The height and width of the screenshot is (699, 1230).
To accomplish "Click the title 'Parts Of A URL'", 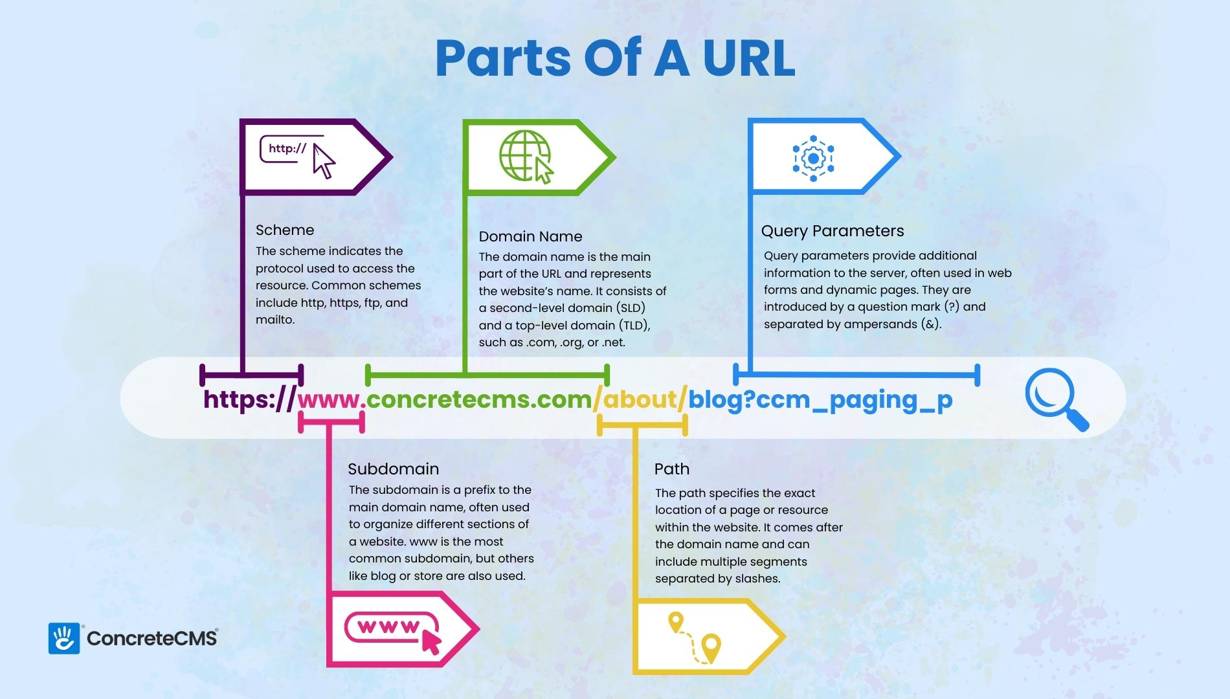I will tap(615, 58).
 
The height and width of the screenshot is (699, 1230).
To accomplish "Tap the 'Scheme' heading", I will tap(285, 230).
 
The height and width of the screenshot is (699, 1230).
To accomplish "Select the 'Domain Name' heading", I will tap(530, 236).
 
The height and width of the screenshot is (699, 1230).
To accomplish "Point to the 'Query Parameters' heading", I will tap(832, 231).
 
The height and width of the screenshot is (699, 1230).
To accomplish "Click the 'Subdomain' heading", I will tap(393, 469).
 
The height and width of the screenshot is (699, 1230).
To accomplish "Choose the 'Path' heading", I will tap(671, 469).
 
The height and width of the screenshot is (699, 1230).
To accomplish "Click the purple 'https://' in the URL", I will tap(250, 399).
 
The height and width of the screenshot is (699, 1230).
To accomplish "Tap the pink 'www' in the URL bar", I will tap(328, 400).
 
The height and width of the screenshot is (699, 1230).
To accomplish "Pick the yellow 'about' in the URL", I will tap(640, 399).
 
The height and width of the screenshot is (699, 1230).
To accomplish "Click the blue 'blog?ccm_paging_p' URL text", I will tap(820, 400).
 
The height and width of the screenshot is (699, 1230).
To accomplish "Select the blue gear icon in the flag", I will tap(813, 157).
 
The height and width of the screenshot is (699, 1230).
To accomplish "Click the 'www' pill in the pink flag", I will tap(392, 628).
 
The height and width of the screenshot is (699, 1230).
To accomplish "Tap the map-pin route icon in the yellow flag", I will tap(695, 638).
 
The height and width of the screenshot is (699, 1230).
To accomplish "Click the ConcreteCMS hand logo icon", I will tap(63, 638).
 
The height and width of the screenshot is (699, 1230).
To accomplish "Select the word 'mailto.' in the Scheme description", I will tap(275, 320).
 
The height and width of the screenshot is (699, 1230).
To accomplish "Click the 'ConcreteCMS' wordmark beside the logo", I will tap(152, 639).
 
